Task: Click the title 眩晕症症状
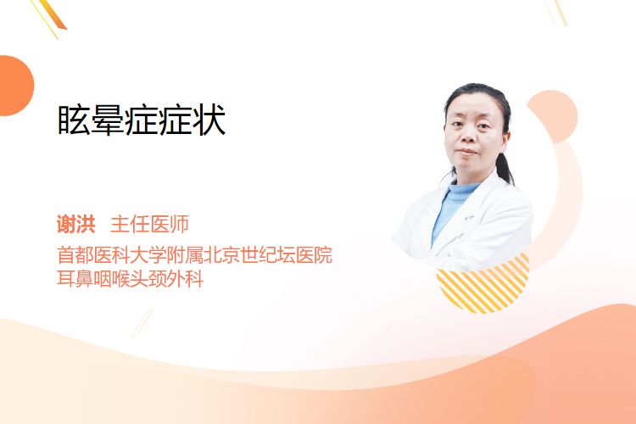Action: tap(142, 120)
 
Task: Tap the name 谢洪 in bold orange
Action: tap(76, 224)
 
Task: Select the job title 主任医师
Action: tap(149, 224)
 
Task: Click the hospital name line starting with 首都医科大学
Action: tap(195, 254)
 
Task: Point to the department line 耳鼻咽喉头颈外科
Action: tap(131, 279)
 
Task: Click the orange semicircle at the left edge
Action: tap(15, 86)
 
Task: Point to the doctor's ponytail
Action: tap(504, 166)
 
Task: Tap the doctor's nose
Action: tap(468, 135)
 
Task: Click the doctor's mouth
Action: tap(466, 152)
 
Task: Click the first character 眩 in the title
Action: tap(74, 120)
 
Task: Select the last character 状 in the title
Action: tap(209, 120)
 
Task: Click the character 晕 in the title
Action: tap(108, 120)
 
